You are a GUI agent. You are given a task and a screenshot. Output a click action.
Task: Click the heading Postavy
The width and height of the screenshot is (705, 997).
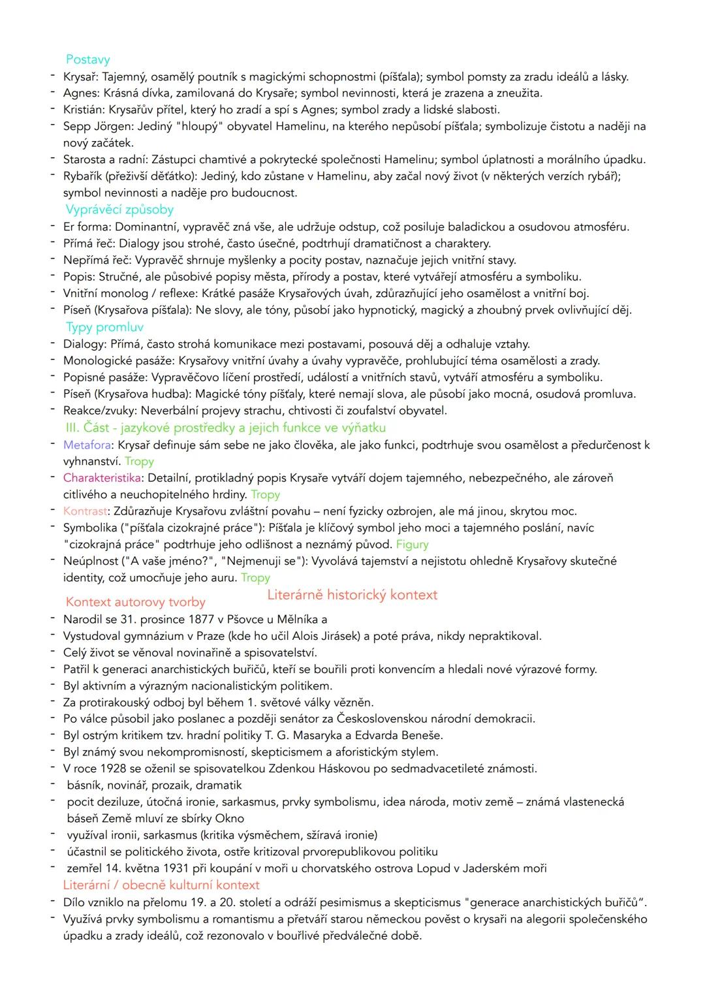click(87, 60)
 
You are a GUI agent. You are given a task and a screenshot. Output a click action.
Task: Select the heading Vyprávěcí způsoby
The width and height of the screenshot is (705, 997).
click(119, 210)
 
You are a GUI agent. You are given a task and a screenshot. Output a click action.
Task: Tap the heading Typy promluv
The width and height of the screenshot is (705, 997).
click(104, 327)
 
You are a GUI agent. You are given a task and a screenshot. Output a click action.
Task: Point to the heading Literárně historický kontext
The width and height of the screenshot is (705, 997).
click(352, 595)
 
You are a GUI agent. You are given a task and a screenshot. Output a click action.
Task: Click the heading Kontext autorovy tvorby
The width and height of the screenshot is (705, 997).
click(135, 602)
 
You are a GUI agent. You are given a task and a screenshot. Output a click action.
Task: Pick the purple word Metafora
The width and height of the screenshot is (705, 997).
click(87, 445)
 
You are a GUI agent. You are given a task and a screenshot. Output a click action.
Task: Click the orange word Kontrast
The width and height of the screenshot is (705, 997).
click(86, 511)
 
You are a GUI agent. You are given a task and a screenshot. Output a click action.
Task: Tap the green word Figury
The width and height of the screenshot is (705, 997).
click(413, 545)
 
